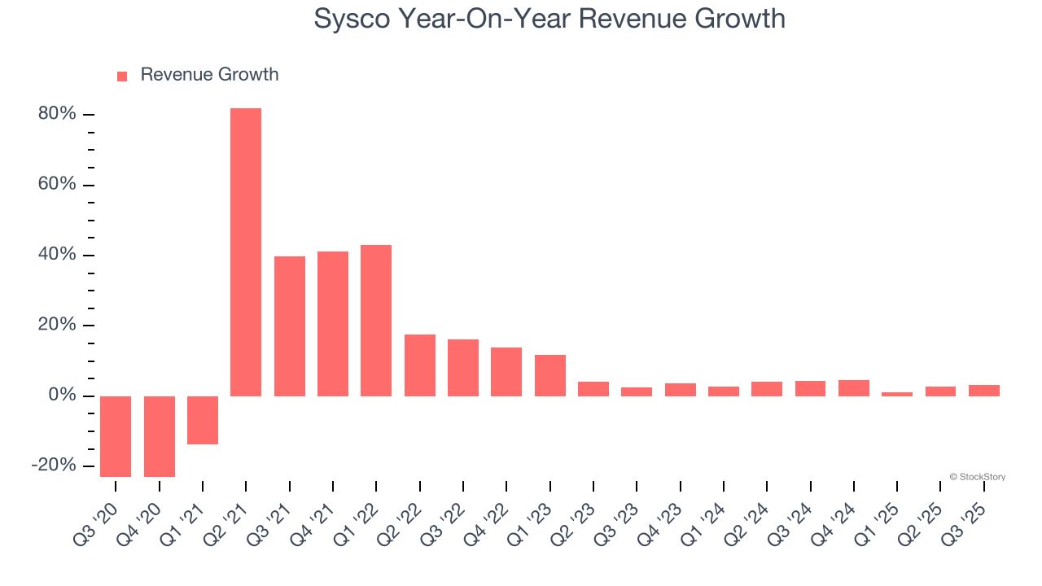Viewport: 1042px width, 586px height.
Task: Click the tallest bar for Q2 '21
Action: pyautogui.click(x=246, y=252)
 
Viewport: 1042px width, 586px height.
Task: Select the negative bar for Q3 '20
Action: pyautogui.click(x=116, y=436)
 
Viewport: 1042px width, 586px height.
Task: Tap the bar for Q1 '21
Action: pyautogui.click(x=203, y=420)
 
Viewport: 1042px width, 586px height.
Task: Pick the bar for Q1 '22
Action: pyautogui.click(x=376, y=321)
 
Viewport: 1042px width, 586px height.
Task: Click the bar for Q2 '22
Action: pyautogui.click(x=420, y=365)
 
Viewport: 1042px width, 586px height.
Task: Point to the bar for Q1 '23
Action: pyautogui.click(x=550, y=375)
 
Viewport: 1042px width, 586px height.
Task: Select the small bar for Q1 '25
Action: pyautogui.click(x=897, y=394)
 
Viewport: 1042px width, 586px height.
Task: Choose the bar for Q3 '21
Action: pyautogui.click(x=290, y=326)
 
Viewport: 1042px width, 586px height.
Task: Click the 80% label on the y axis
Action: pyautogui.click(x=57, y=114)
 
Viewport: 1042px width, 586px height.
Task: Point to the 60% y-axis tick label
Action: pyautogui.click(x=57, y=185)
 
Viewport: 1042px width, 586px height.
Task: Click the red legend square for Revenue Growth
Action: pyautogui.click(x=122, y=76)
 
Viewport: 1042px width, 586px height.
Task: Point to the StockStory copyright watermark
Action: pyautogui.click(x=977, y=477)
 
